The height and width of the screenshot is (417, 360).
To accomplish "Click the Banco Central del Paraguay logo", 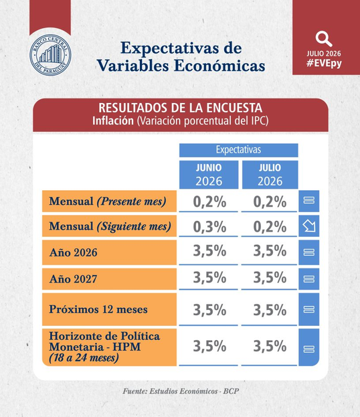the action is pos(50,55).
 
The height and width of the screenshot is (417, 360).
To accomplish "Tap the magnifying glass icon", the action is pos(324,39).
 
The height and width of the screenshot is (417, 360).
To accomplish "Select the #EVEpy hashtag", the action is pos(324,64).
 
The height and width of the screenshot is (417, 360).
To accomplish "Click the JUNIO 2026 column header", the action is pos(209,175).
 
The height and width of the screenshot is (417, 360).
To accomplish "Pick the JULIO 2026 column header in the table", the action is pos(270,175).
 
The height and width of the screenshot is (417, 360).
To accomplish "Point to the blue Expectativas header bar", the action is pos(238,150).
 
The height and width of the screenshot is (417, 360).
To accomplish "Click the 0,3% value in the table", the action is pos(209,227).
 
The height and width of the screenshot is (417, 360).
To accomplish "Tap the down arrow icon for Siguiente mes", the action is pos(309,226).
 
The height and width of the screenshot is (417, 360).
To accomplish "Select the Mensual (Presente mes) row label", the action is pos(108,201).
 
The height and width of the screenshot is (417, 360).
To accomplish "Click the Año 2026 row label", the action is pos(73,252).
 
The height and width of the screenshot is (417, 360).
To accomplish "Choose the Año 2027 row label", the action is pos(73,278).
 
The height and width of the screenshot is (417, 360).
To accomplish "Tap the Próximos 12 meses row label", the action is pos(98,309).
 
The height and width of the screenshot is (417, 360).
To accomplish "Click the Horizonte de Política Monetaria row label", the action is pos(104,347).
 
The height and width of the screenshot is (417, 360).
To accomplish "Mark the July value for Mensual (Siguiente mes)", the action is pos(270,227).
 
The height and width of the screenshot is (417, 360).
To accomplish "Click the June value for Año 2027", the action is pos(209,277).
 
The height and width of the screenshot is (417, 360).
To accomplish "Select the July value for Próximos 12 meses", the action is pos(270,310).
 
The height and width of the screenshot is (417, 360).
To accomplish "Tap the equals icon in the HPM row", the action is pos(309,349).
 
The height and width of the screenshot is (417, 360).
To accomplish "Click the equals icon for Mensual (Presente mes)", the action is pos(309,200).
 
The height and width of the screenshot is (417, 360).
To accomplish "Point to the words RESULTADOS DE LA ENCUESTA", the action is pos(181,108).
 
